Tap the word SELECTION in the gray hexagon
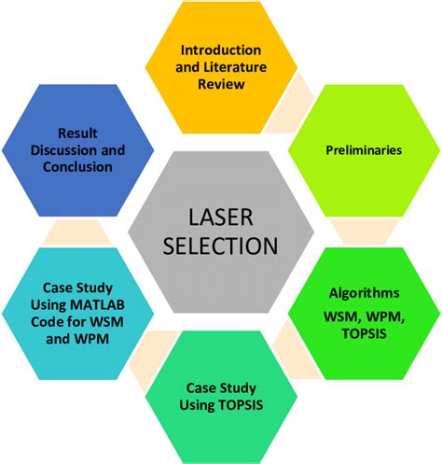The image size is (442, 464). coord(221,246)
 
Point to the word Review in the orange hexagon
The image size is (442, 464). coord(220,84)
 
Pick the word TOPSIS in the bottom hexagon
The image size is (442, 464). coord(242,403)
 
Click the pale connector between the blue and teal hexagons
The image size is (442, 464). coord(69,228)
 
